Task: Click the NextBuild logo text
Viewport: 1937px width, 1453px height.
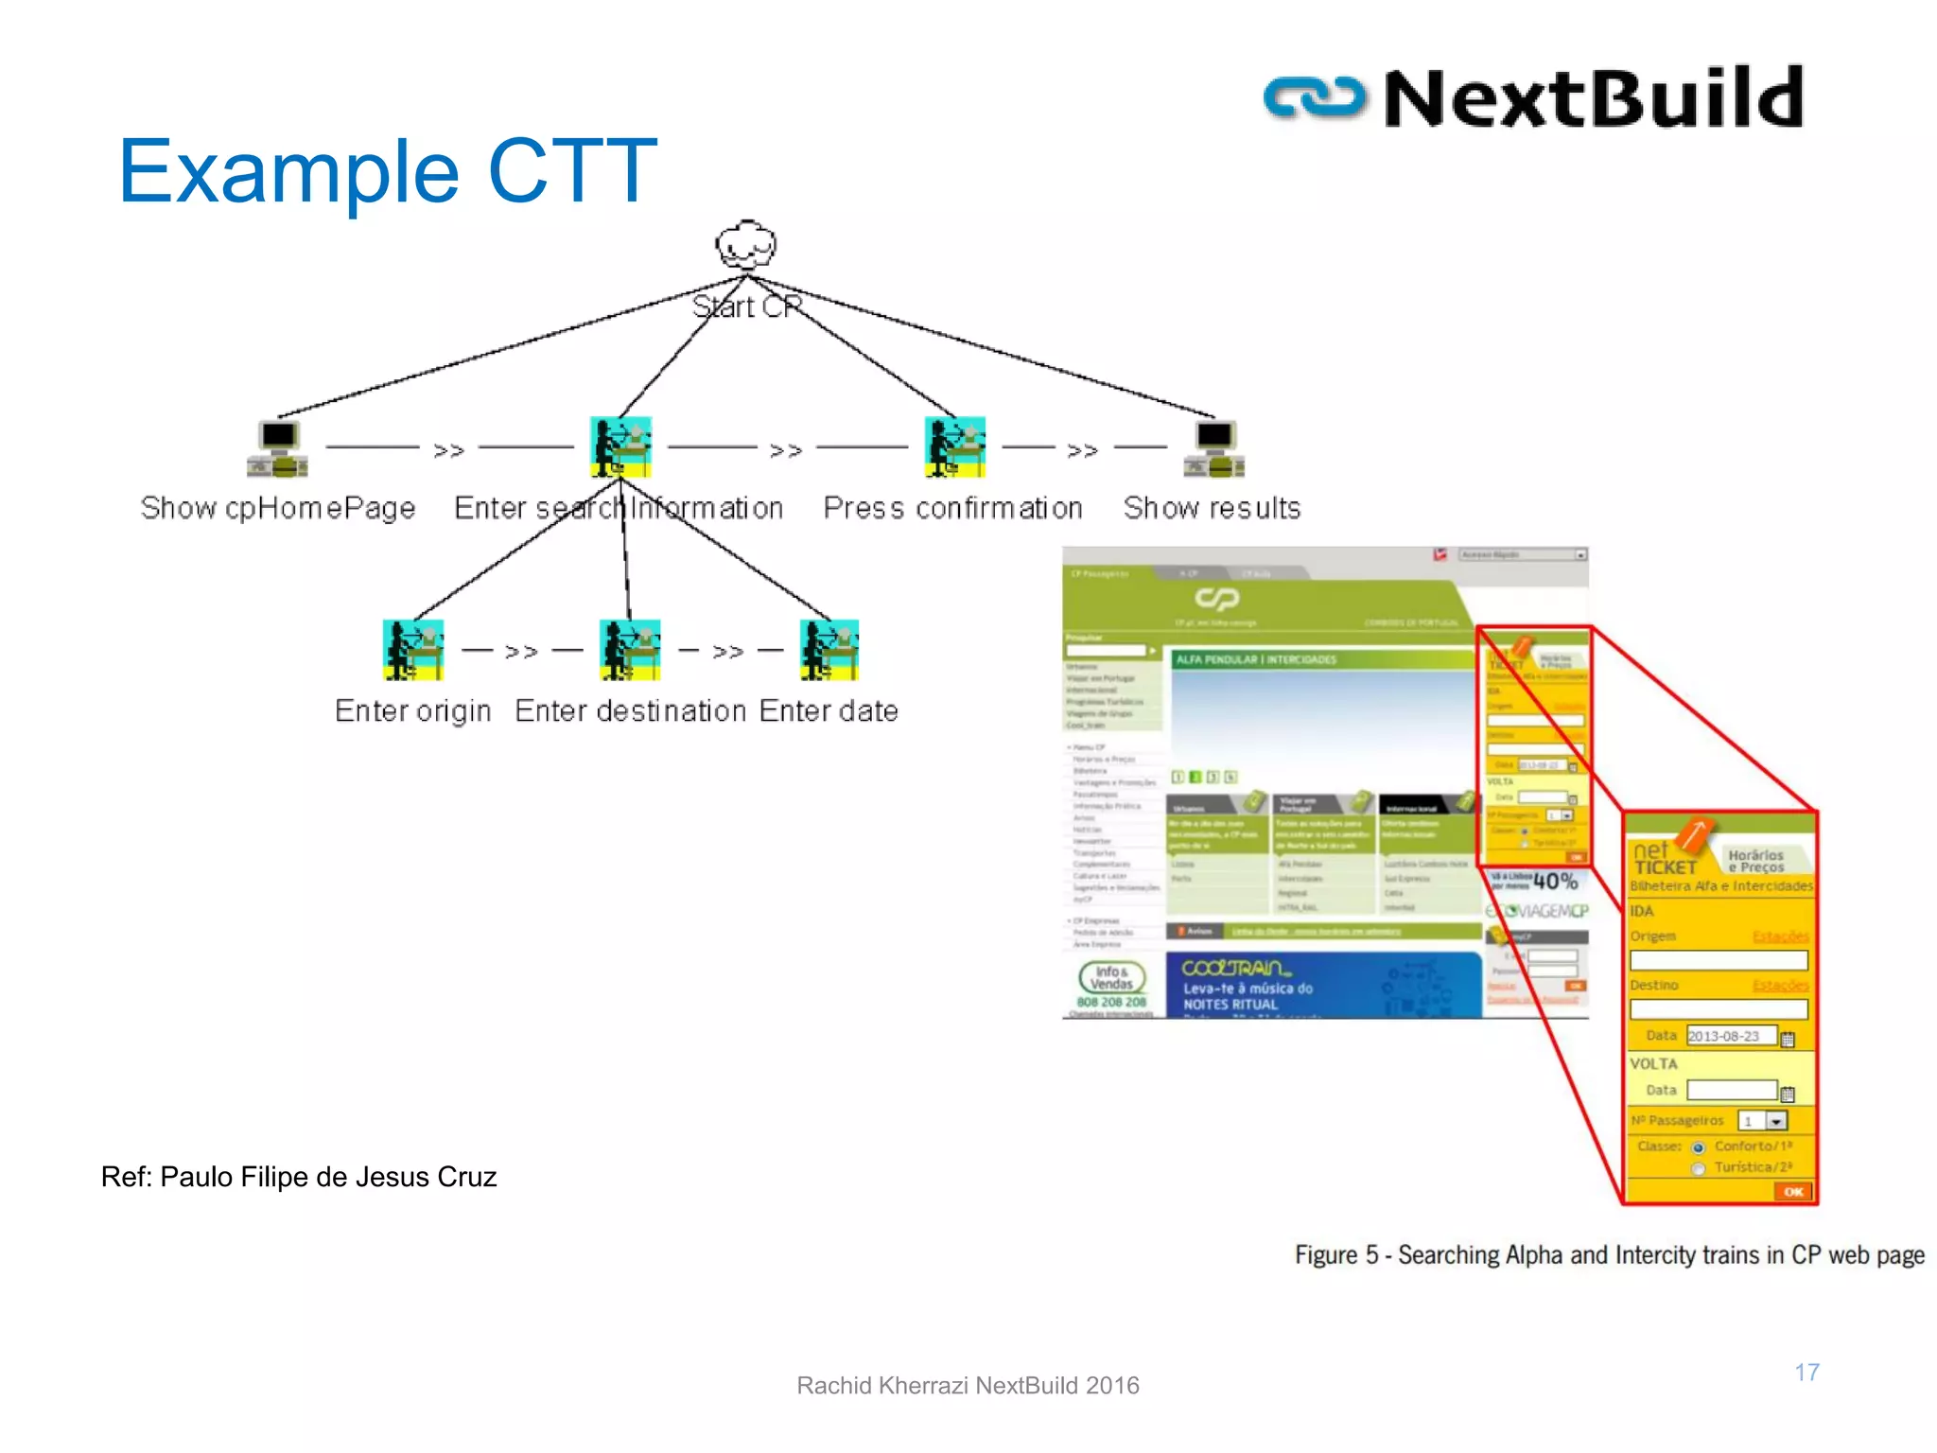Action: [x=1593, y=97]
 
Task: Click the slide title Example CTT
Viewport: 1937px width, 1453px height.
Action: [x=387, y=171]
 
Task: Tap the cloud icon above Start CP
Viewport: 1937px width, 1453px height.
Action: [x=745, y=246]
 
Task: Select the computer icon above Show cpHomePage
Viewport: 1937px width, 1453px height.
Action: [x=278, y=448]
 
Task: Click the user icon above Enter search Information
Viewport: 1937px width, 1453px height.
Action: [x=620, y=446]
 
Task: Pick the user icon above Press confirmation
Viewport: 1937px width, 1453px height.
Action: [x=955, y=446]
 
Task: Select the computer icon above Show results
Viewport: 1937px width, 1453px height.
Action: [x=1214, y=448]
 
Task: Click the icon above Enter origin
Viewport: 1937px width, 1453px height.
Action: [x=413, y=650]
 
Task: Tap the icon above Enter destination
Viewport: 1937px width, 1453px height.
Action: [x=630, y=650]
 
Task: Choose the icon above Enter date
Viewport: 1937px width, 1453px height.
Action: [x=829, y=650]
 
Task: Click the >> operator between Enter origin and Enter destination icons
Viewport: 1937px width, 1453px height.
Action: [x=521, y=652]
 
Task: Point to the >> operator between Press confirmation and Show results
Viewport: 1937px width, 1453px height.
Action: [x=1082, y=450]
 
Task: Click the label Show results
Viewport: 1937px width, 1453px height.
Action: [x=1212, y=508]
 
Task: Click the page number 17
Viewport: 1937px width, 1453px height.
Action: [x=1806, y=1372]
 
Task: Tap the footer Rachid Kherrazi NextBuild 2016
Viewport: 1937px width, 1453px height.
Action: [x=968, y=1386]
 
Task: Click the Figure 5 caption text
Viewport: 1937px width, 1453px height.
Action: [x=1609, y=1255]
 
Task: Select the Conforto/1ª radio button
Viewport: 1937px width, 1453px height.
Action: [x=1699, y=1147]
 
